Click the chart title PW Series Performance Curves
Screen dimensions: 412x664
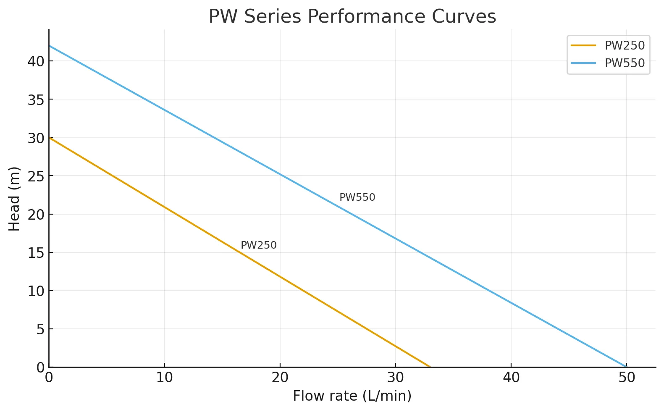pyautogui.click(x=352, y=17)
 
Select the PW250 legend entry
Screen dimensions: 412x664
pyautogui.click(x=624, y=45)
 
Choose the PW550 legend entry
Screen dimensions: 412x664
pyautogui.click(x=624, y=63)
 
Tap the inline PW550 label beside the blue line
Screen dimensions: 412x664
pyautogui.click(x=357, y=197)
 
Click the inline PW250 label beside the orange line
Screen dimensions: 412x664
pyautogui.click(x=258, y=245)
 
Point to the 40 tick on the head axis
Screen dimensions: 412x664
pyautogui.click(x=36, y=61)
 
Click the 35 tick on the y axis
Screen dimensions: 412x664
pyautogui.click(x=36, y=100)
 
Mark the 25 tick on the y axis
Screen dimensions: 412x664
pyautogui.click(x=36, y=176)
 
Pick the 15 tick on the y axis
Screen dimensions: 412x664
pyautogui.click(x=36, y=252)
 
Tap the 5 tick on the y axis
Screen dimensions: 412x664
pyautogui.click(x=40, y=329)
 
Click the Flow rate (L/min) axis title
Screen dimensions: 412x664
pyautogui.click(x=352, y=396)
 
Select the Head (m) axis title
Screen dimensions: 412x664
pyautogui.click(x=14, y=199)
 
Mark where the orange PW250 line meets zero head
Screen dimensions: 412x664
pyautogui.click(x=430, y=367)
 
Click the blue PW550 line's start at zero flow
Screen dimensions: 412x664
pyautogui.click(x=49, y=46)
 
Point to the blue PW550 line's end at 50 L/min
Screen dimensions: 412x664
pyautogui.click(x=626, y=367)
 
